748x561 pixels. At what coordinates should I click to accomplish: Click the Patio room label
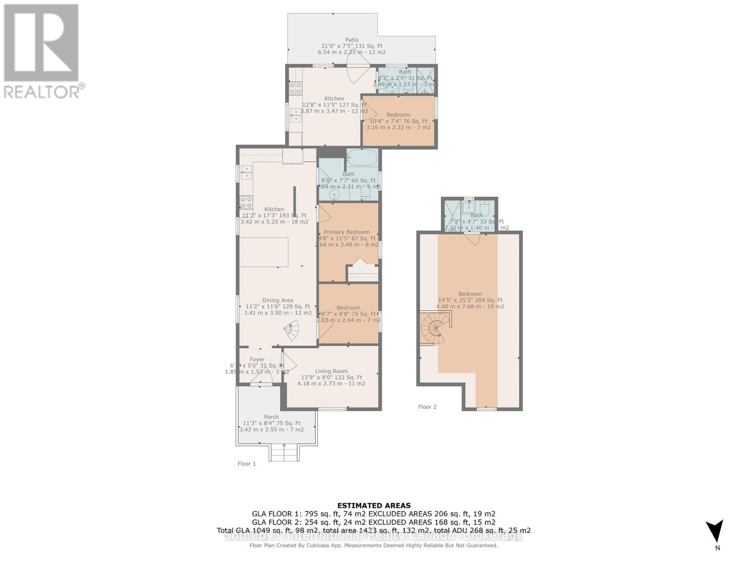coord(352,40)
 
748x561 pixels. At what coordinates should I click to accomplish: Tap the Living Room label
coord(331,371)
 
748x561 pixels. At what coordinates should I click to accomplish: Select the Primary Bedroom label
coord(346,232)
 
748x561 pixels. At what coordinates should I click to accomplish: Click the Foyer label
coord(257,360)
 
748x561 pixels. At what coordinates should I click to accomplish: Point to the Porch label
coord(271,417)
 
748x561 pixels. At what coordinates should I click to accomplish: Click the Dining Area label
coord(278,301)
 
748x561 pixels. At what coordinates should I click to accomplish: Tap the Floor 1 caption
coord(246,464)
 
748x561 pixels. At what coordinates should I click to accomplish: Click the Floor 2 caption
coord(427,407)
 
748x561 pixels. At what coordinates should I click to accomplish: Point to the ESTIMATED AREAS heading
coord(374,505)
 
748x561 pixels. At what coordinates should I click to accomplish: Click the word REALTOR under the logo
coord(42,91)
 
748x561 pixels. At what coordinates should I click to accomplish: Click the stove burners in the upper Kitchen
coord(295,88)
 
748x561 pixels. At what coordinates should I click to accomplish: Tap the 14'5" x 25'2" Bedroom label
coord(470,294)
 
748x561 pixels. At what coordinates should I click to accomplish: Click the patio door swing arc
coord(357,73)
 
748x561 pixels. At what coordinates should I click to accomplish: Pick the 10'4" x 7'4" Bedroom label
coord(398,115)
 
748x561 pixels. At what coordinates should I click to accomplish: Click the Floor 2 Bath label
coord(476,216)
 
